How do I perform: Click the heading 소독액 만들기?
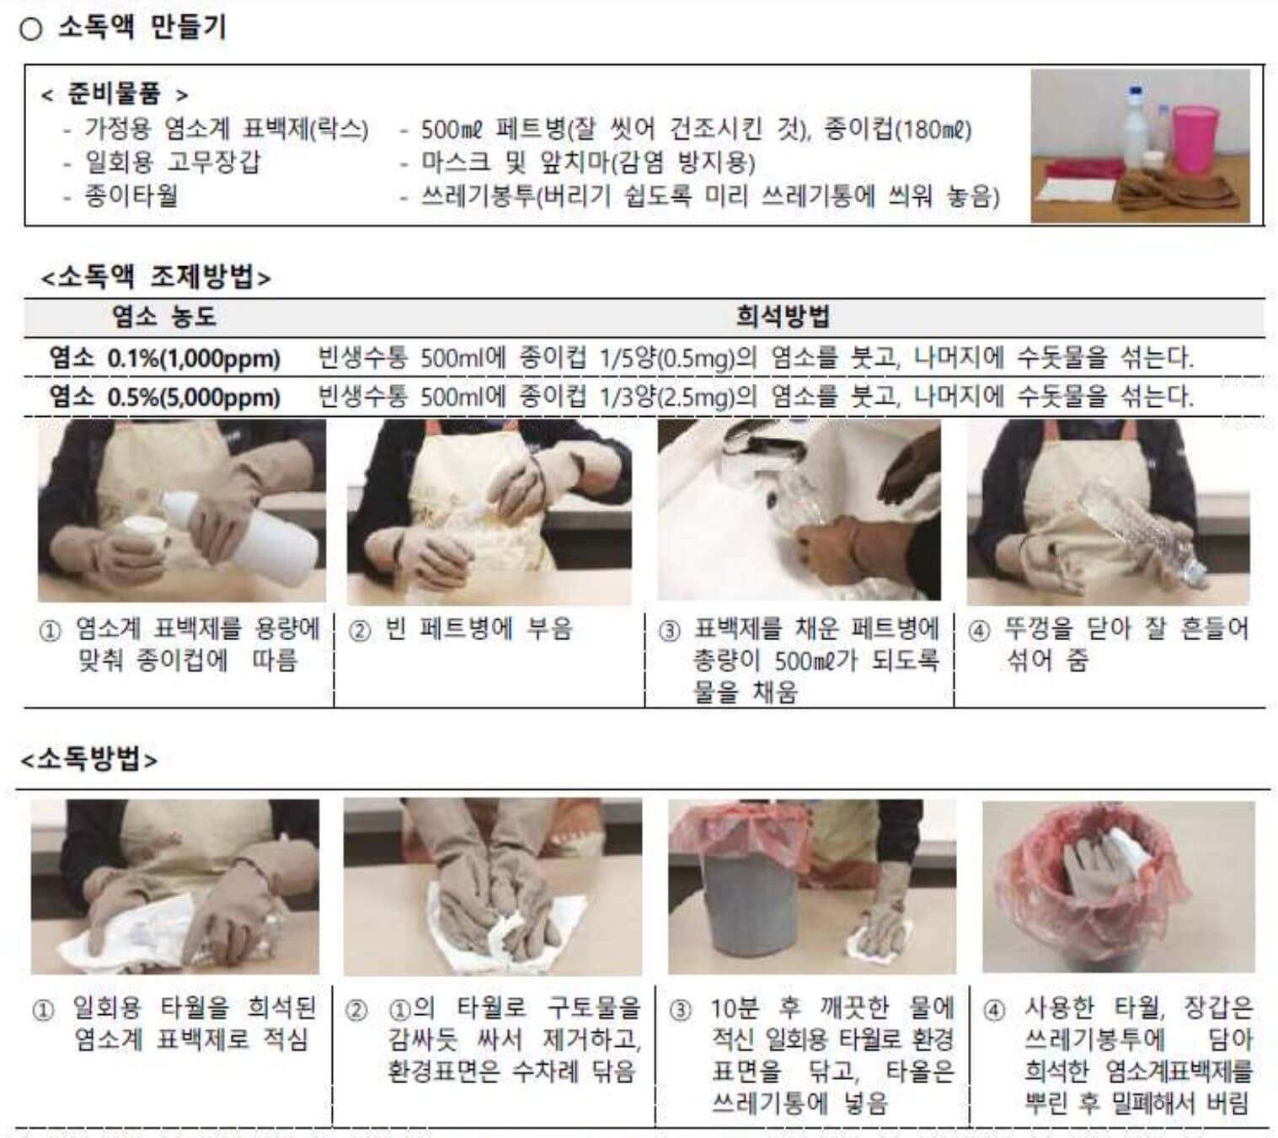[142, 28]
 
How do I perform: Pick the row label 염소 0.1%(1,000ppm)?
[164, 358]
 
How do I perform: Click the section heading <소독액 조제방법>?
[156, 277]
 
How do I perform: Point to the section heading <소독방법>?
[88, 758]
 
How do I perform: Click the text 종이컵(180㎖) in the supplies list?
[898, 130]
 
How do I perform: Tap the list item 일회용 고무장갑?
[172, 163]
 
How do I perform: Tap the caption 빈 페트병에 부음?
[479, 629]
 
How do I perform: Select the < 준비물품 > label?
[115, 94]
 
